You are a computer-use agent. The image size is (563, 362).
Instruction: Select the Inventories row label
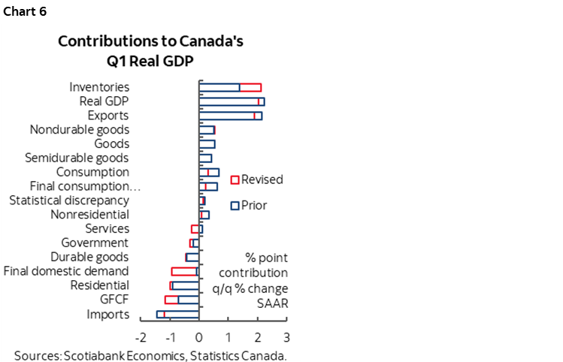[x=99, y=87]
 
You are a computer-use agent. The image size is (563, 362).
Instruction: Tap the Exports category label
[x=108, y=116]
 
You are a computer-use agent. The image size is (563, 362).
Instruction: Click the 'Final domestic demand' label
[x=66, y=271]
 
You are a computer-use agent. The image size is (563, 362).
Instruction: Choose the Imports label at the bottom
[x=107, y=314]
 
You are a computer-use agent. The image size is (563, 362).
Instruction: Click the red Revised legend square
[x=235, y=180]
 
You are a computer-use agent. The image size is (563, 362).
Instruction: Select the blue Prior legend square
[x=235, y=205]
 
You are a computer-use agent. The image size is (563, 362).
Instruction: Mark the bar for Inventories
[x=230, y=87]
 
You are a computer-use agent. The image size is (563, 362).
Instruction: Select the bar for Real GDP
[x=232, y=101]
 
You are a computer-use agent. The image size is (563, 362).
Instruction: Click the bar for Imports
[x=177, y=314]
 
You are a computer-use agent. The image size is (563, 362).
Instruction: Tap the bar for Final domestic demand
[x=185, y=271]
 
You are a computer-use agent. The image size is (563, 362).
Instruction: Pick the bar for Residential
[x=184, y=285]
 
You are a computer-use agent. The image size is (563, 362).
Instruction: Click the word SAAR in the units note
[x=273, y=303]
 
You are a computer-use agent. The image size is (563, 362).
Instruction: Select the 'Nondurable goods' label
[x=80, y=130]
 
